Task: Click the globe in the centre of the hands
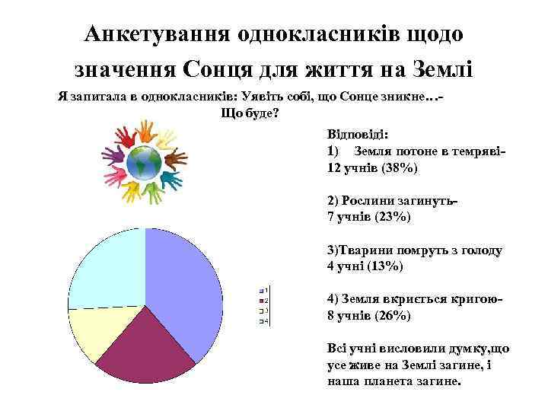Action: (x=143, y=163)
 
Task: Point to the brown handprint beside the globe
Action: (x=176, y=159)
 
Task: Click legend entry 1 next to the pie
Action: (x=263, y=290)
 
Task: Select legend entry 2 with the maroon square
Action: (x=263, y=300)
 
